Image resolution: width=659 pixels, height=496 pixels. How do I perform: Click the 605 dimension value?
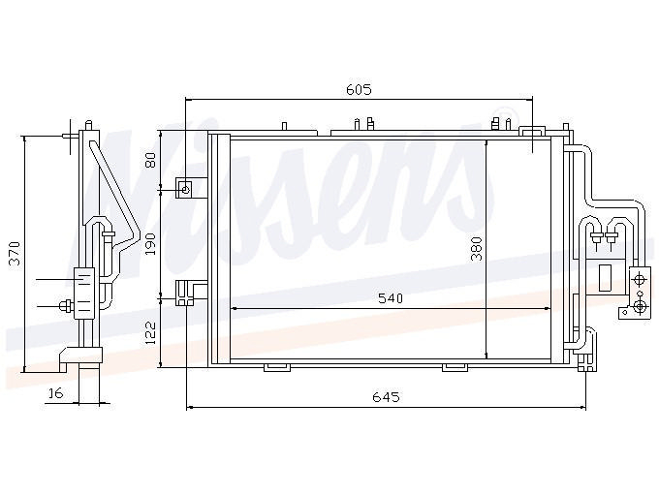359,89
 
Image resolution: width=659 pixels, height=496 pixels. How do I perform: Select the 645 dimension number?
386,396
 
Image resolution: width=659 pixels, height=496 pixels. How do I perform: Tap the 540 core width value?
391,298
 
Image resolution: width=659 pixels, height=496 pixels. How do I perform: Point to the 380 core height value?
476,249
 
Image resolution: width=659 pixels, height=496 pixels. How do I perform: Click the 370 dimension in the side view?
16,253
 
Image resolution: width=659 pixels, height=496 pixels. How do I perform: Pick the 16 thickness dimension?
55,393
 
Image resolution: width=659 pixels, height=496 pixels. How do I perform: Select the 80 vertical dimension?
150,160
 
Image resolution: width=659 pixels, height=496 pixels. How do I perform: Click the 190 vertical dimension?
150,243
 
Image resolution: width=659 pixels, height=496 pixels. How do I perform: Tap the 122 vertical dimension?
150,333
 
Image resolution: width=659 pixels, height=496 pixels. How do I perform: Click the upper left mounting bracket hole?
186,190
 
